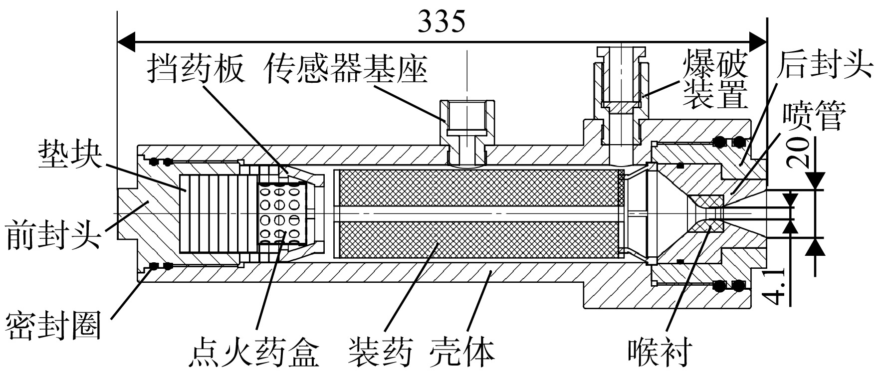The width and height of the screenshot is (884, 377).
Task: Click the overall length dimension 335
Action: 442,21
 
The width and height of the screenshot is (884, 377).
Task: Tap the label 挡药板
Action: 196,69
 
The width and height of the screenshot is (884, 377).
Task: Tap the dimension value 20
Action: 797,149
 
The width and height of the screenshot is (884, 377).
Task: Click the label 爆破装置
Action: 715,78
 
